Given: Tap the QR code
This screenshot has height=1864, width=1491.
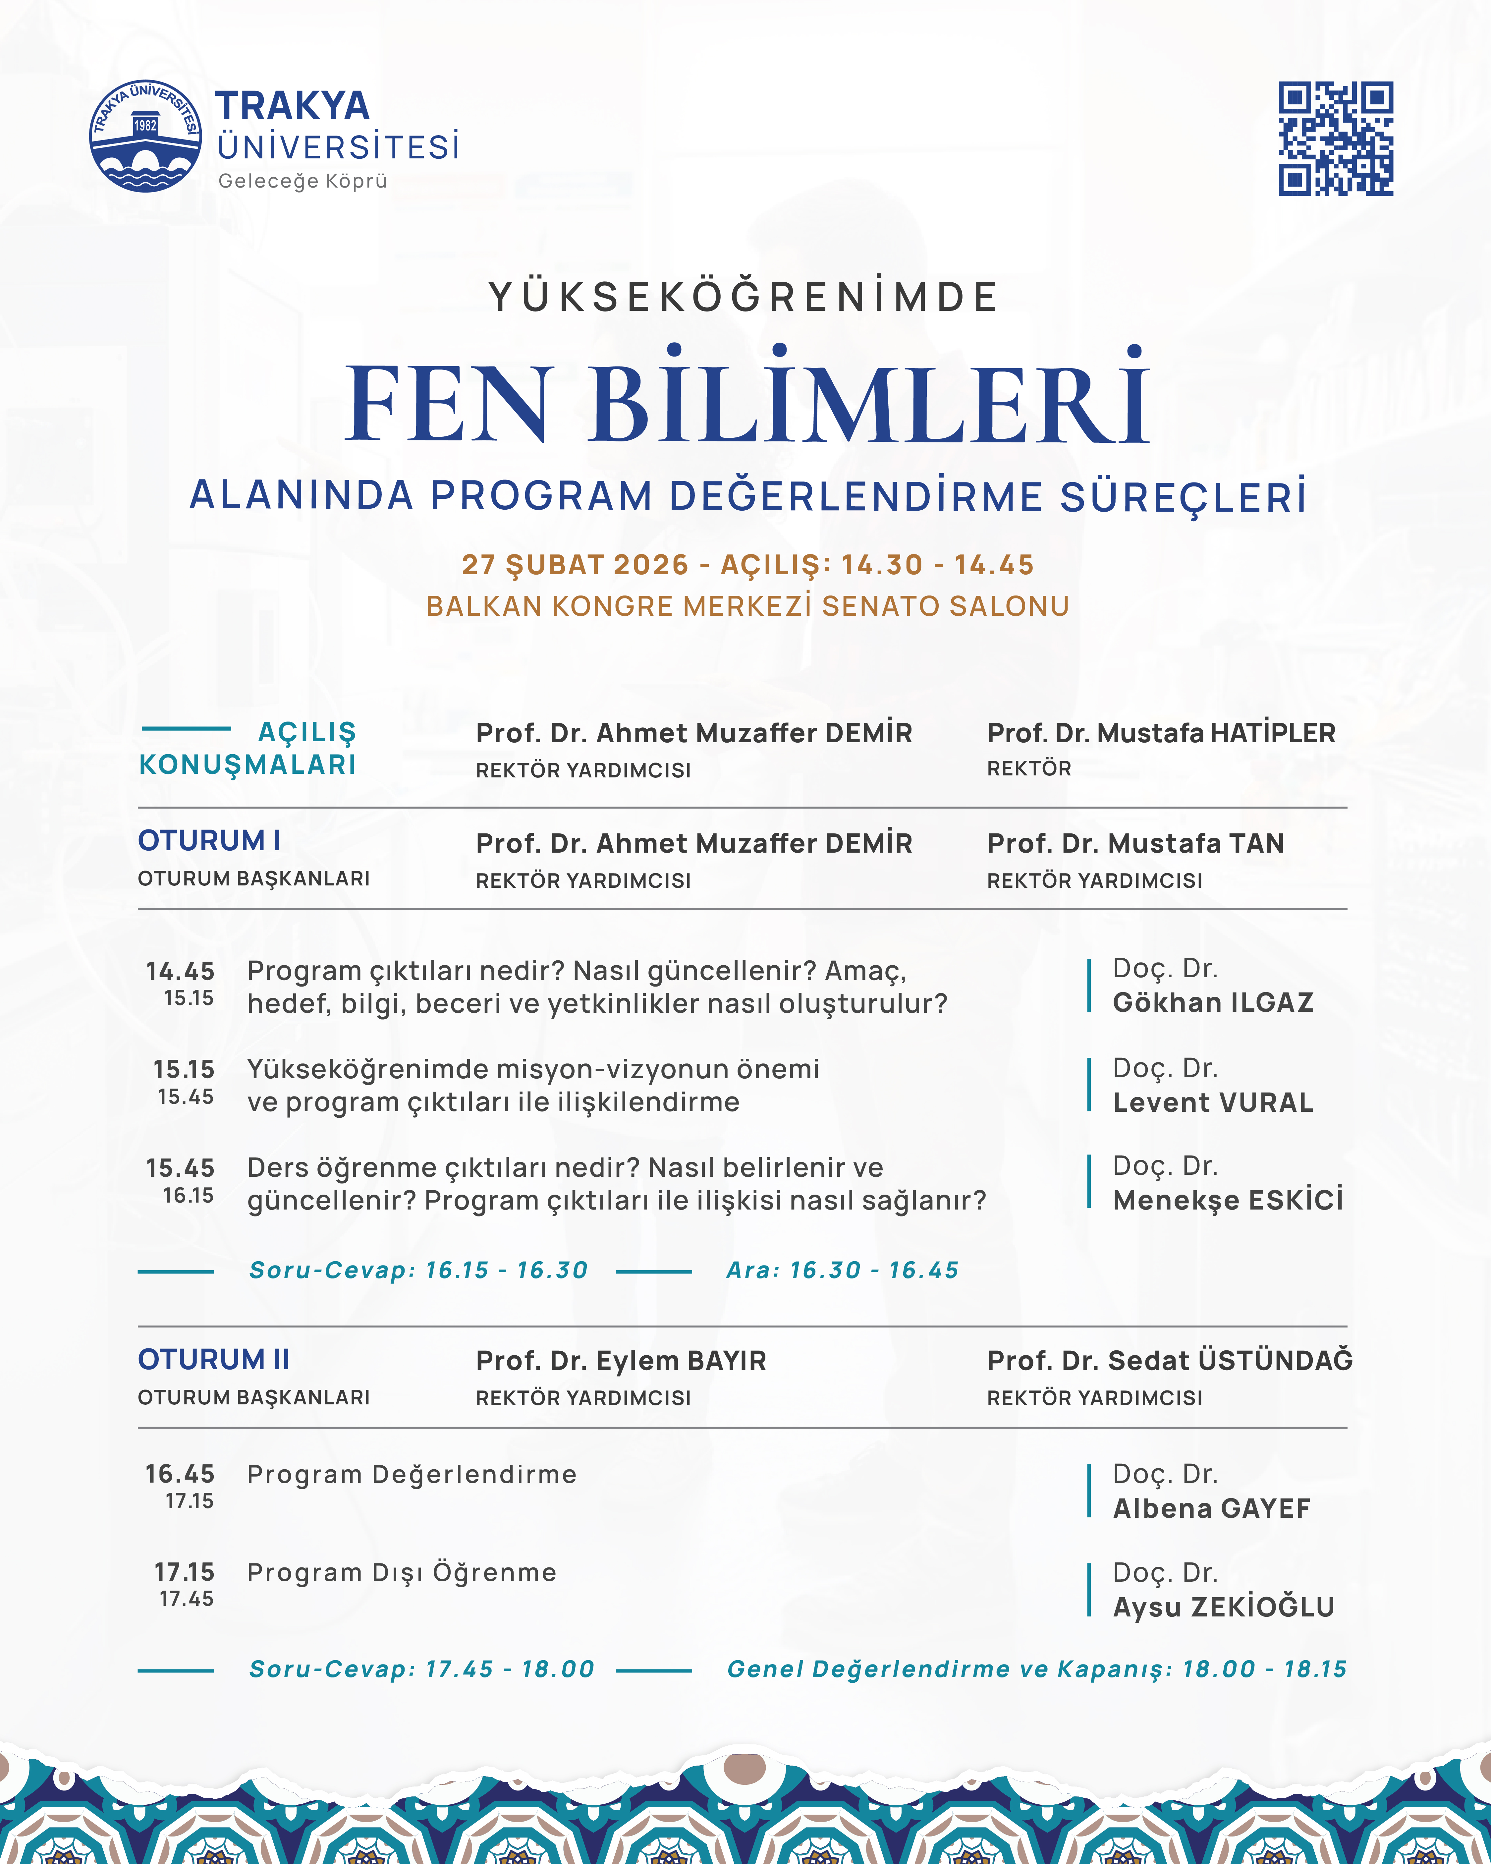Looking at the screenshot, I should coord(1335,138).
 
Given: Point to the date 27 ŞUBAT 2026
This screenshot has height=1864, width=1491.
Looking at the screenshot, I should coord(575,565).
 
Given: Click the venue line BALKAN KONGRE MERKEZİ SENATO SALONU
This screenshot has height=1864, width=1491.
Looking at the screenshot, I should coord(748,606).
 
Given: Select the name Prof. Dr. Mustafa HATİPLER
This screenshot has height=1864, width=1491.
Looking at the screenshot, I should coord(1161,733).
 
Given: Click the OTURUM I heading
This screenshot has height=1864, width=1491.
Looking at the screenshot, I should coord(209,840).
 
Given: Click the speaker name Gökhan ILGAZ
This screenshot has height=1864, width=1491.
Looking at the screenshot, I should coord(1213,1003).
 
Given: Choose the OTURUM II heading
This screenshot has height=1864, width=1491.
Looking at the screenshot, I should coord(213,1359).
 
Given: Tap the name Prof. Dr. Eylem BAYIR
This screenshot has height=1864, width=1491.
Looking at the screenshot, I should coord(621,1361).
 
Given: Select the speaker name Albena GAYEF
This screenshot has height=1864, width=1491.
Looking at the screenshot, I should coord(1211,1509).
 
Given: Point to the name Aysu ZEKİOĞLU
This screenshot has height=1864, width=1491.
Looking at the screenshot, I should coord(1223,1607).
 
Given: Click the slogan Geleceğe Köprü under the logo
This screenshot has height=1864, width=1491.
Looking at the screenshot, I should coord(303,181).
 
